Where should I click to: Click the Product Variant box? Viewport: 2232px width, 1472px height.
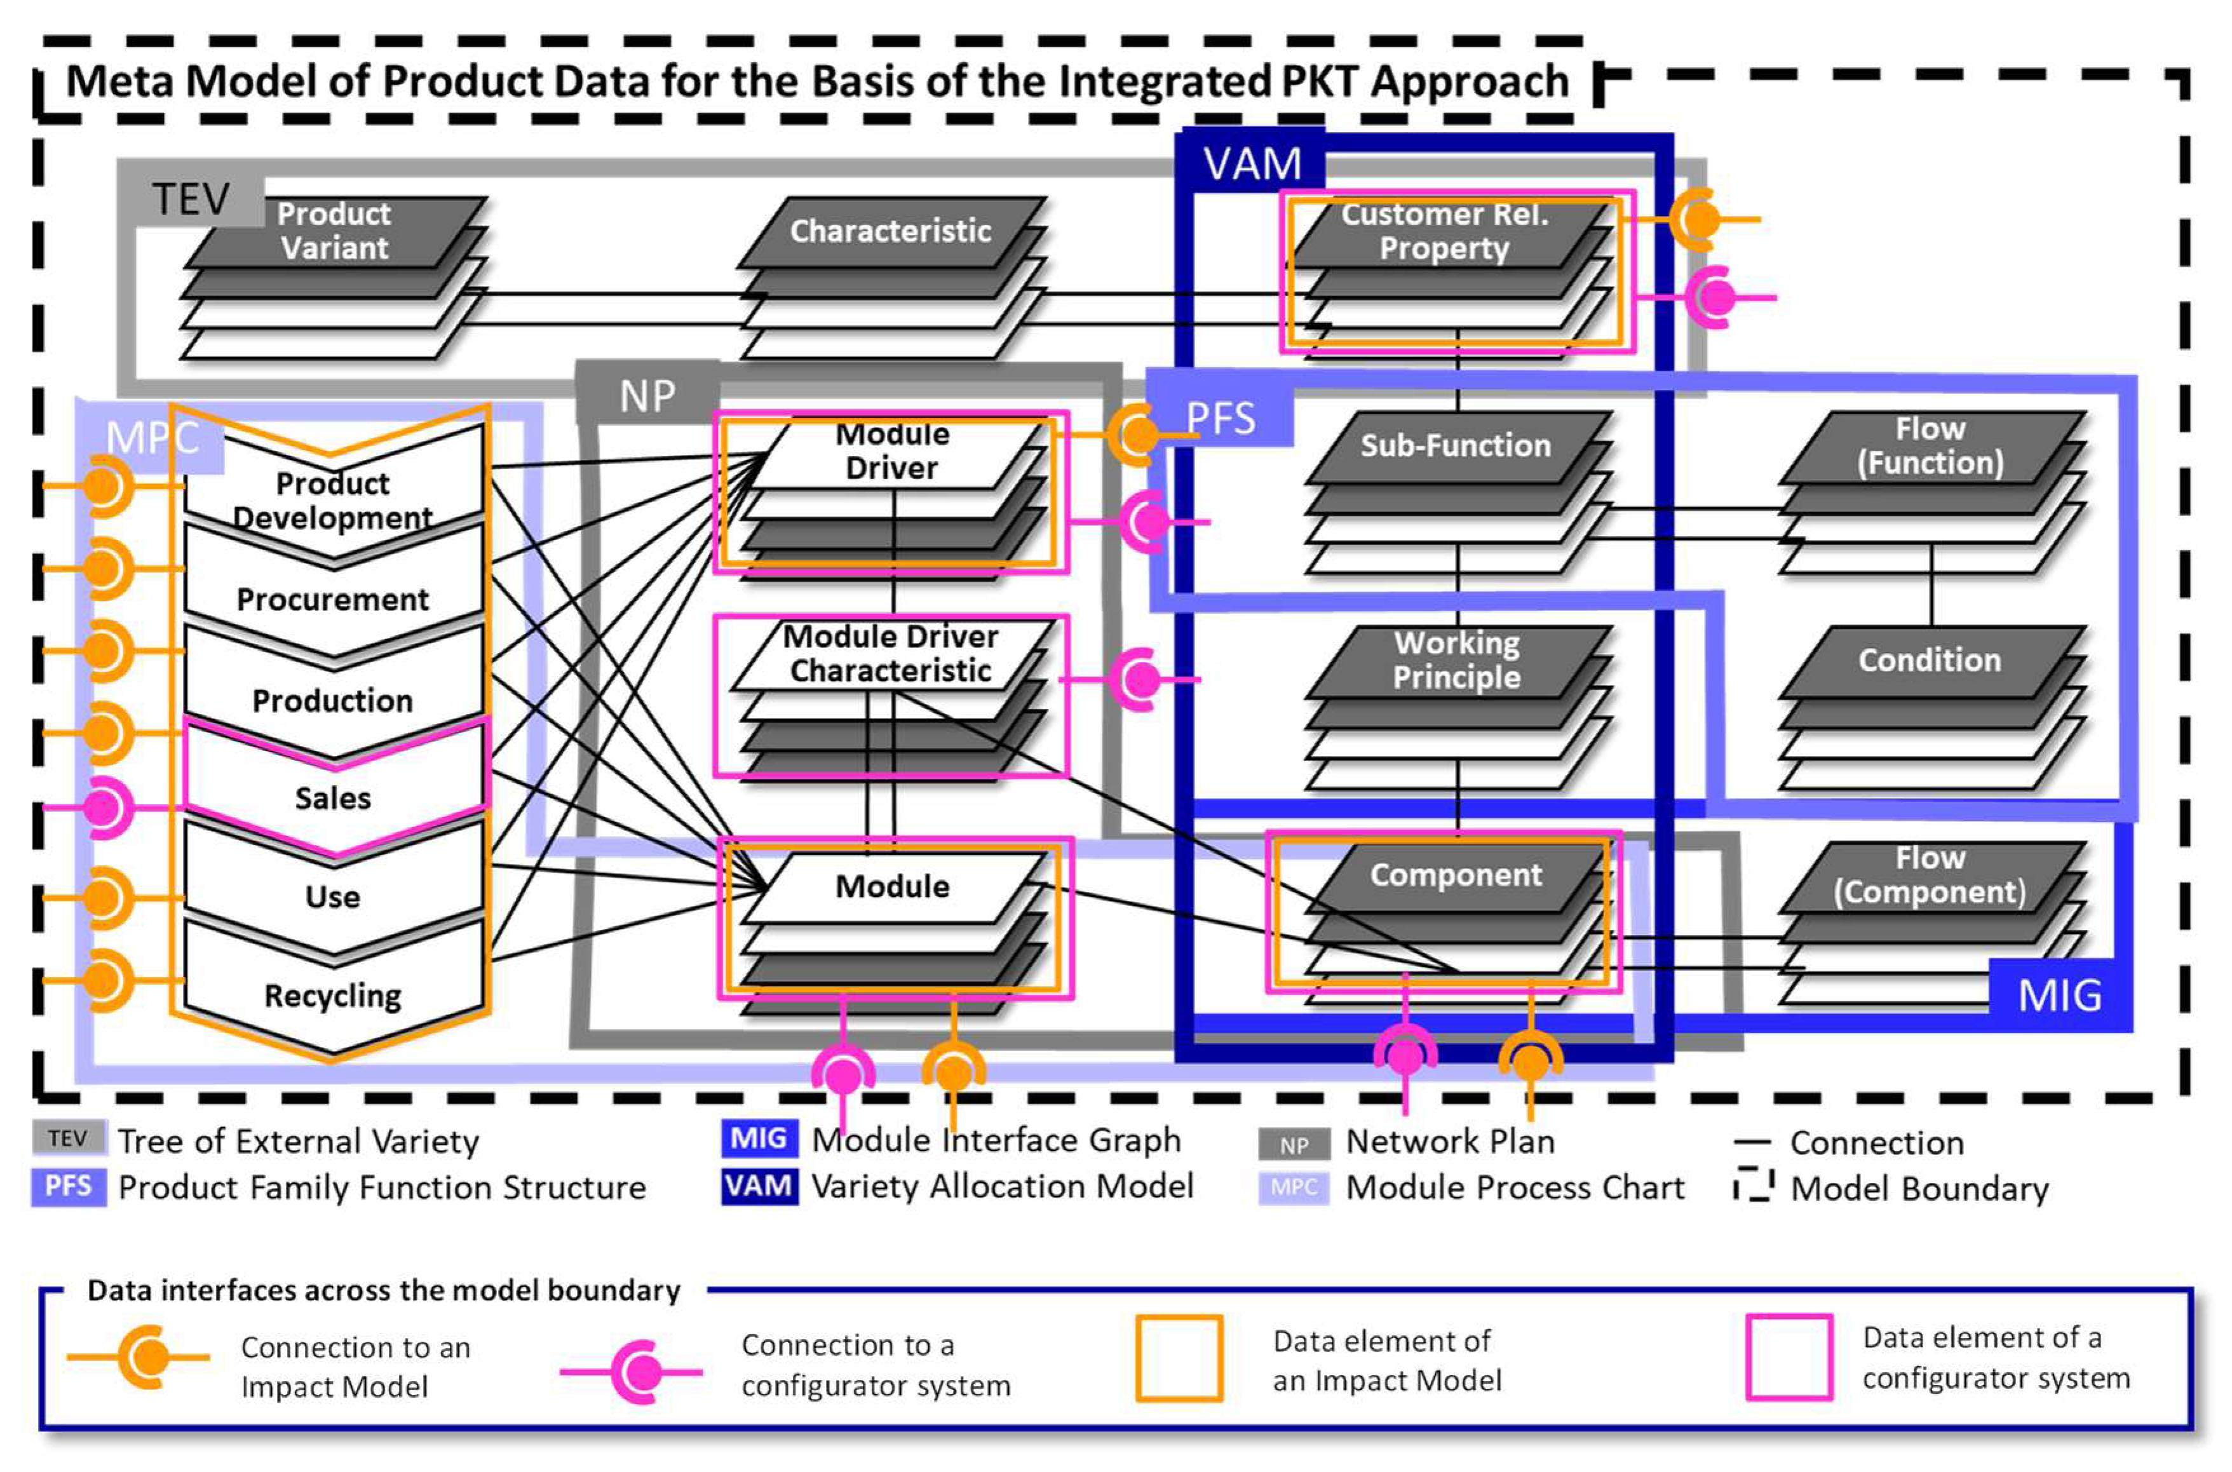(x=334, y=232)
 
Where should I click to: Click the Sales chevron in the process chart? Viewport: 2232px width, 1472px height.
(x=333, y=798)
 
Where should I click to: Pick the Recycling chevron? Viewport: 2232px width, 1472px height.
(x=333, y=995)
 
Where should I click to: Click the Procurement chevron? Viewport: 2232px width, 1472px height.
(x=333, y=599)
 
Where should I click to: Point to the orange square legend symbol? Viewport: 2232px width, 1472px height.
(x=1179, y=1358)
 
